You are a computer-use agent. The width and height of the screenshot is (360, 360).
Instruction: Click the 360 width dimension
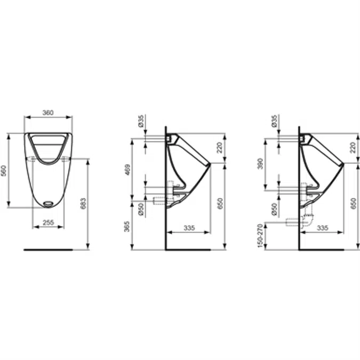click(x=48, y=113)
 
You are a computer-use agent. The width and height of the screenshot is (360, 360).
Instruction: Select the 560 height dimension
click(x=5, y=171)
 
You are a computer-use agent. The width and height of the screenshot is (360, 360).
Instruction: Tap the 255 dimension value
click(x=48, y=222)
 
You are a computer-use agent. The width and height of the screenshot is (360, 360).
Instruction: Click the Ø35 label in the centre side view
click(x=141, y=121)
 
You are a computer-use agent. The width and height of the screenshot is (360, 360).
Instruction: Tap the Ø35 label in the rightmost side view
click(x=274, y=121)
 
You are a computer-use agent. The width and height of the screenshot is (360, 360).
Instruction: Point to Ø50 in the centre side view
click(x=141, y=209)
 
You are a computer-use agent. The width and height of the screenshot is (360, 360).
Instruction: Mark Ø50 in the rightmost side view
click(x=274, y=209)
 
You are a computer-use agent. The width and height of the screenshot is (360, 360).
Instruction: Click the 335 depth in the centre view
click(x=188, y=228)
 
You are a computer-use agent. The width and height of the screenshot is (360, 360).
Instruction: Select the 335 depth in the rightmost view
click(x=322, y=228)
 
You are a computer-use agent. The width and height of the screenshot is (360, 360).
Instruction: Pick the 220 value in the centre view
click(x=219, y=147)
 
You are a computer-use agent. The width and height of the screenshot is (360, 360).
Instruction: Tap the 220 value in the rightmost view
click(x=352, y=147)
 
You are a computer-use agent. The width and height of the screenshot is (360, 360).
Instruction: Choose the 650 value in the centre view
click(x=219, y=203)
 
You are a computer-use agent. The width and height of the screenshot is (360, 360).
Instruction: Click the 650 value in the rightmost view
click(x=352, y=203)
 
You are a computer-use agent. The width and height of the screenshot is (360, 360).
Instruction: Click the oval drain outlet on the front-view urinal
click(x=48, y=203)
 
